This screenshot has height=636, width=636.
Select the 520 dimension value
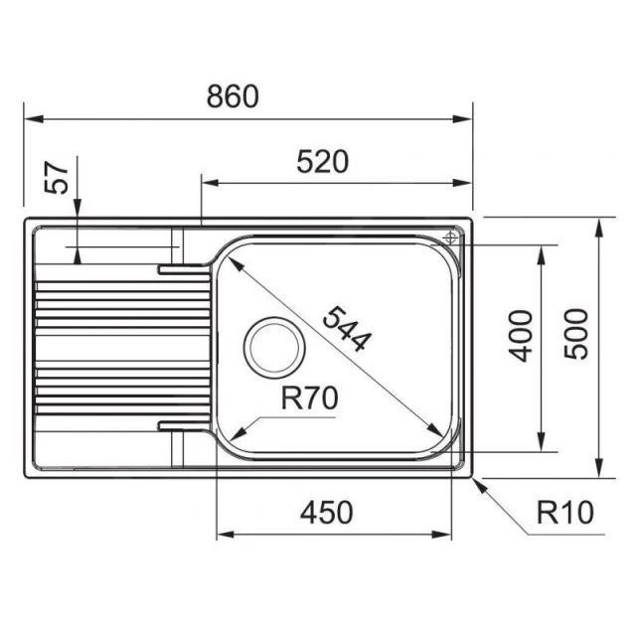click(x=323, y=162)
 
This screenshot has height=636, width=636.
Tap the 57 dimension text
click(x=59, y=179)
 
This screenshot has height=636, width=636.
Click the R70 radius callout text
click(x=310, y=398)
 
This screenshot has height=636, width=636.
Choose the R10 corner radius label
click(x=563, y=513)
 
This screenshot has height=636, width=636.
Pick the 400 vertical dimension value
click(x=520, y=335)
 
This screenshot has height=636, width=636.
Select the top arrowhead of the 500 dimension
click(x=599, y=226)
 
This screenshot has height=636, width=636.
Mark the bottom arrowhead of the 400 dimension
click(x=541, y=446)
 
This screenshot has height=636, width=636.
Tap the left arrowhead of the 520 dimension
click(x=209, y=183)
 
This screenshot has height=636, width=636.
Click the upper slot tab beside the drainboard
click(x=183, y=266)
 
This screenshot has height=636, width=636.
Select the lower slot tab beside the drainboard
click(x=183, y=426)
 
